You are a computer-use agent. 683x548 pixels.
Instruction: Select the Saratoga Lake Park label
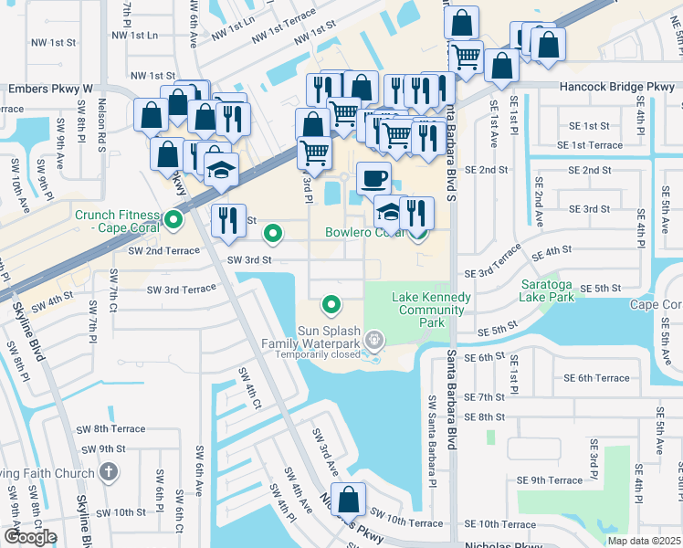coord(546,290)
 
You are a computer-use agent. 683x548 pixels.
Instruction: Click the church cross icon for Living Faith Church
coord(108,473)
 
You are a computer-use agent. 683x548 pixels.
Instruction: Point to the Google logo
coord(29,537)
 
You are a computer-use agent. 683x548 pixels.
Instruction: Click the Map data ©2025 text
coord(645,541)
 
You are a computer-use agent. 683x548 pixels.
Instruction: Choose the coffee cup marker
coord(373,178)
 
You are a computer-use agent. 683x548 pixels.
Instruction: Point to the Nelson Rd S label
coord(102,125)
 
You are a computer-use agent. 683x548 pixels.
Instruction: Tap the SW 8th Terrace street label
coord(110,428)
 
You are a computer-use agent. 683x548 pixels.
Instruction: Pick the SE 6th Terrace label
coord(596,378)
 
